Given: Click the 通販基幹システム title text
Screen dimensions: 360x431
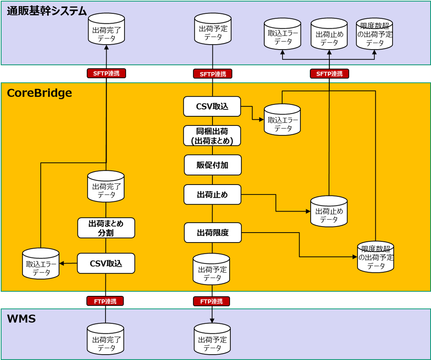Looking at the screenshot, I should [x=47, y=11].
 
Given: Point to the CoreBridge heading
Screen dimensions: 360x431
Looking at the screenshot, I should [x=39, y=93].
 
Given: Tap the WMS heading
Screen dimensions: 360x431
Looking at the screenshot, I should [x=21, y=319].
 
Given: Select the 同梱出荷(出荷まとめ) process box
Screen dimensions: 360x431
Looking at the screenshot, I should [x=212, y=136].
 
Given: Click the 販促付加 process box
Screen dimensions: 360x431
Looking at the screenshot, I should [x=213, y=165].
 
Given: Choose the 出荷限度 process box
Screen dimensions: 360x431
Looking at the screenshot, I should [x=213, y=233].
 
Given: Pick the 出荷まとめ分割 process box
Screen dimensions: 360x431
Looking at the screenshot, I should [x=106, y=228].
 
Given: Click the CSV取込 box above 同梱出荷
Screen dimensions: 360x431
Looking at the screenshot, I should [x=212, y=106].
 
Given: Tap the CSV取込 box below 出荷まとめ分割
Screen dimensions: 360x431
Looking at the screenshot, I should [x=106, y=263].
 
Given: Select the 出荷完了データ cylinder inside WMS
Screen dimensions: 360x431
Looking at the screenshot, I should [x=106, y=339].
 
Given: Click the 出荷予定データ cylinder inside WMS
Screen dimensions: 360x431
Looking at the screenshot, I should [x=212, y=339].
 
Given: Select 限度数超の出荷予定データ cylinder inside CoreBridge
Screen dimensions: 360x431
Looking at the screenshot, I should [x=376, y=257].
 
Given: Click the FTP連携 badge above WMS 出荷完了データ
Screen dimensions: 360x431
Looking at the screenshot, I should [x=105, y=301].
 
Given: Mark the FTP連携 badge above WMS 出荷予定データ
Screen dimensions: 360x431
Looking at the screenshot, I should [x=212, y=301].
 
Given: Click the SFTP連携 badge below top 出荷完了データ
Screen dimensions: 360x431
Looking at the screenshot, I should [x=107, y=73].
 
